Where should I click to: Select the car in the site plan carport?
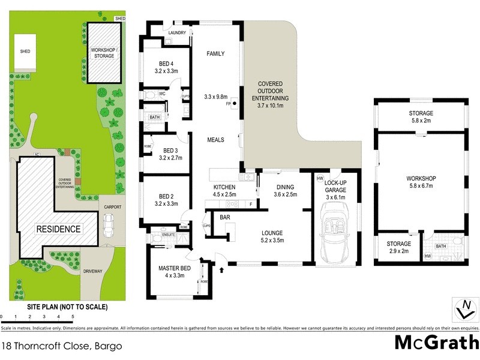click(109, 225)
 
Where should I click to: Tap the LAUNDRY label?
click(178, 33)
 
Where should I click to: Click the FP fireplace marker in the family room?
click(229, 103)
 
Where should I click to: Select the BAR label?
click(226, 217)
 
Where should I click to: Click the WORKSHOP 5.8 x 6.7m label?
click(421, 182)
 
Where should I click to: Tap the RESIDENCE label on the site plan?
click(58, 229)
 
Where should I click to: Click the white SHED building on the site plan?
click(25, 52)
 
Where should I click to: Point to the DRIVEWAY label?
click(93, 271)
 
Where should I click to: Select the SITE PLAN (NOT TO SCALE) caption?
click(67, 307)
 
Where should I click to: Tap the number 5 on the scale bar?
click(73, 316)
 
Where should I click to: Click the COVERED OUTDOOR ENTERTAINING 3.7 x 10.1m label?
click(273, 95)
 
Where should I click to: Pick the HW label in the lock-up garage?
click(320, 179)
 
